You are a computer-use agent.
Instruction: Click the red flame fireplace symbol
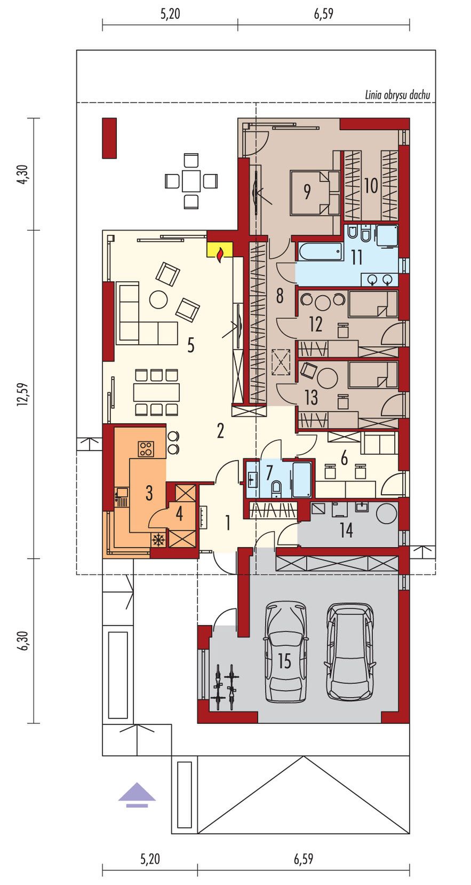pyautogui.click(x=220, y=254)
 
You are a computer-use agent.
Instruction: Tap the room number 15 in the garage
pyautogui.click(x=284, y=661)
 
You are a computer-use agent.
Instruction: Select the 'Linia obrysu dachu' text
pyautogui.click(x=397, y=95)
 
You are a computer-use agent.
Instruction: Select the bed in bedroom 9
pyautogui.click(x=315, y=193)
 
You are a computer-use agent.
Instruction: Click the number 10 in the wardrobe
pyautogui.click(x=371, y=186)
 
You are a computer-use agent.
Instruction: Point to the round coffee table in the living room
pyautogui.click(x=159, y=299)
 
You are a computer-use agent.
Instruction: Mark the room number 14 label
pyautogui.click(x=346, y=530)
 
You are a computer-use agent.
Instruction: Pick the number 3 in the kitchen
pyautogui.click(x=149, y=493)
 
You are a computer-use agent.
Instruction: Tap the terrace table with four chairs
pyautogui.click(x=191, y=181)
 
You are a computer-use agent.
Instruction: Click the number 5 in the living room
pyautogui.click(x=190, y=346)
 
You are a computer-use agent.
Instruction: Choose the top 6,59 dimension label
pyautogui.click(x=324, y=14)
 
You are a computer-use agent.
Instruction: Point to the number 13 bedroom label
pyautogui.click(x=311, y=397)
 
